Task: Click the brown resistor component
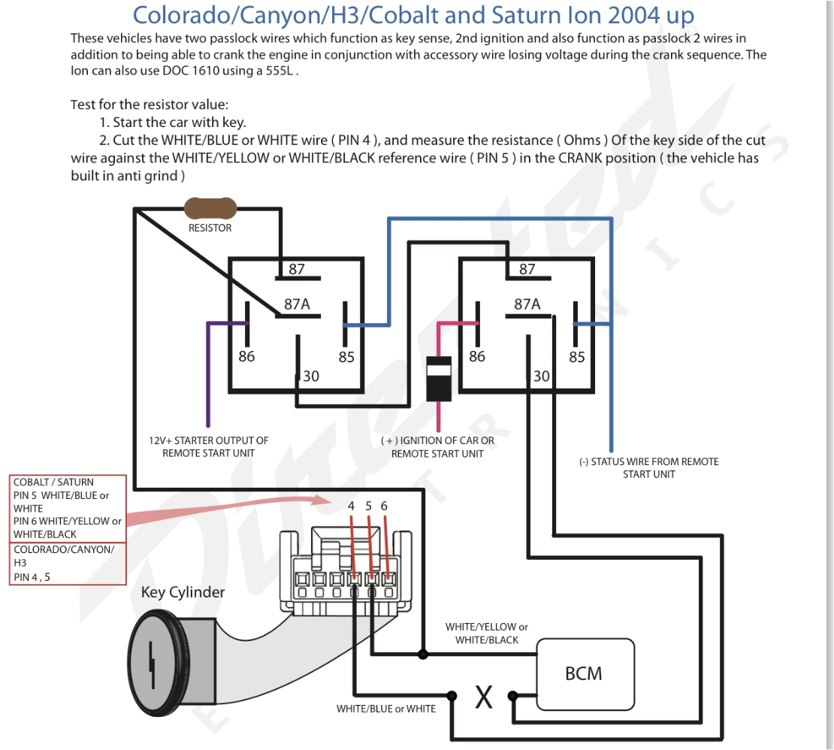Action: click(210, 208)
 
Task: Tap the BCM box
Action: click(584, 673)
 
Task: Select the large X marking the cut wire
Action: click(484, 697)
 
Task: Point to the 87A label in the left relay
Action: click(297, 304)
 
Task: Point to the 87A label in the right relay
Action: click(527, 304)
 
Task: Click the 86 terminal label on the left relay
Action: click(246, 357)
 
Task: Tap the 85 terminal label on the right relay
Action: click(576, 357)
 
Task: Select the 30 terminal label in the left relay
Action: click(310, 376)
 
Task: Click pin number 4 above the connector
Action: click(351, 507)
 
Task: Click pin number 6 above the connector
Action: click(384, 507)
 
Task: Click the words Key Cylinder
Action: click(183, 592)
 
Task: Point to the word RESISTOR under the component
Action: click(210, 228)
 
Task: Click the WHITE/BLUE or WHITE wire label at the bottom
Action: click(385, 708)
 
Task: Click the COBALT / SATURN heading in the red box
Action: click(53, 482)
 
